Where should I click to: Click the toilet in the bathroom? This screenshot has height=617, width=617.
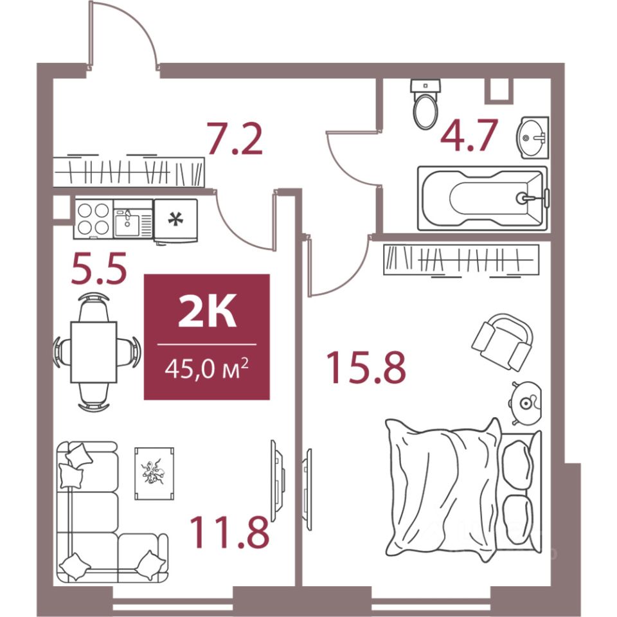[425, 103]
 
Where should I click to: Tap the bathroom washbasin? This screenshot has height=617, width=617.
[532, 138]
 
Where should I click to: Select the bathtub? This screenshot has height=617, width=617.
[483, 199]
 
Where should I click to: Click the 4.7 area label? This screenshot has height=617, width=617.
[469, 135]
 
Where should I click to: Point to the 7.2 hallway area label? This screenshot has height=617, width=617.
[235, 138]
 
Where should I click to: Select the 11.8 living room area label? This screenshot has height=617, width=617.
[230, 532]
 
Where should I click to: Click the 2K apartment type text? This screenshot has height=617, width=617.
[207, 312]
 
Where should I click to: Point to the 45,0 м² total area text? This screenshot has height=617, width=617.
[206, 368]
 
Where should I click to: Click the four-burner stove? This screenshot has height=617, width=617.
[93, 219]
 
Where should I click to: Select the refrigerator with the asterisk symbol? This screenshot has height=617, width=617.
[175, 220]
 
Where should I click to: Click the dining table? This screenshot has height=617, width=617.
[94, 352]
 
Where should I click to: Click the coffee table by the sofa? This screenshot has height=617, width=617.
[154, 474]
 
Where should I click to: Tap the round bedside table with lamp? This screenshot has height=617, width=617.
[526, 403]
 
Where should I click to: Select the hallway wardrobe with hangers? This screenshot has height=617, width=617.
[129, 172]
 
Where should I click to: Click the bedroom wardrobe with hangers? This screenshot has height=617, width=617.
[461, 260]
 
